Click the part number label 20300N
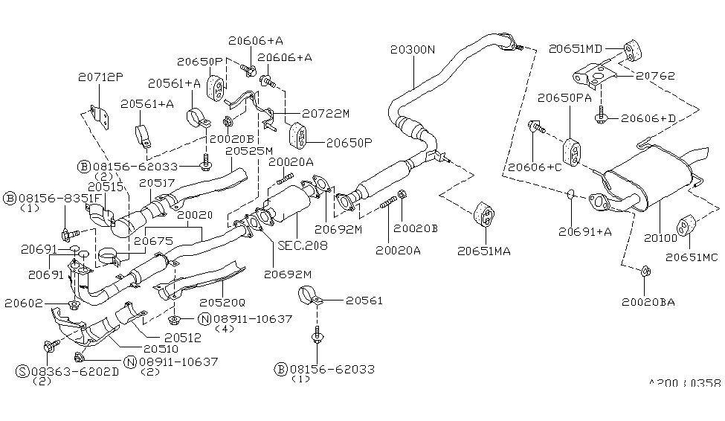pos(412,50)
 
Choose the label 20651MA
pos(484,251)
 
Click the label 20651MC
pos(692,257)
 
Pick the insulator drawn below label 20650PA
pos(572,151)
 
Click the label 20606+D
pos(648,118)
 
